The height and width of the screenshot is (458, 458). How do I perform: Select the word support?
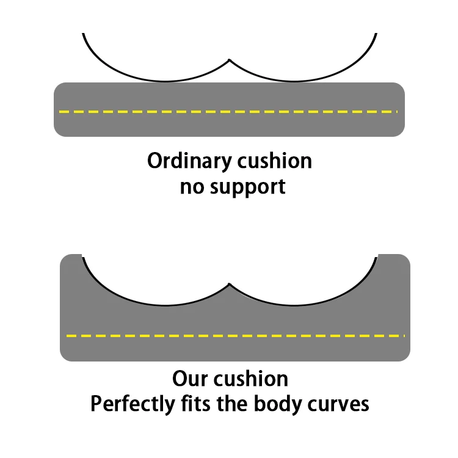click(248, 187)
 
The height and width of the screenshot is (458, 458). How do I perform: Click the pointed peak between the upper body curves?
click(229, 60)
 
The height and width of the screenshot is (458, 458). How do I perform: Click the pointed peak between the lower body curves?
click(229, 284)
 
